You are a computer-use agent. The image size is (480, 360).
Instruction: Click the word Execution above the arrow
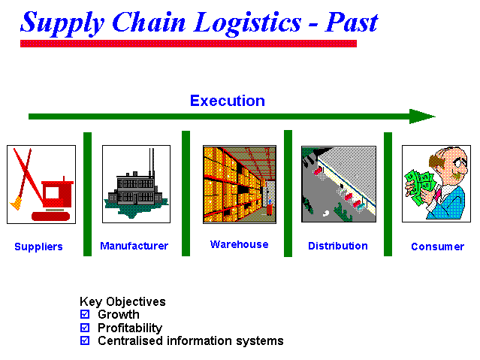tap(228, 101)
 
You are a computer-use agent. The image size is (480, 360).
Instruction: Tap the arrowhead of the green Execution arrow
tap(422, 116)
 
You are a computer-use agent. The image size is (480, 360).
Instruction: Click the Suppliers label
tap(38, 247)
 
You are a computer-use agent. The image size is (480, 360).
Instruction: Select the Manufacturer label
tap(134, 246)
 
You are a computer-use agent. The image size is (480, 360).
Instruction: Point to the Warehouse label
tap(239, 244)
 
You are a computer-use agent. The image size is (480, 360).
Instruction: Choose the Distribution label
tap(338, 246)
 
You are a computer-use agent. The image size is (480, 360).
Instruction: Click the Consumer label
tap(437, 247)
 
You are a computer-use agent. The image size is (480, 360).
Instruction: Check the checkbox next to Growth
tap(85, 314)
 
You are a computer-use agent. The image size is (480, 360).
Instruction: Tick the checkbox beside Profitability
tap(85, 328)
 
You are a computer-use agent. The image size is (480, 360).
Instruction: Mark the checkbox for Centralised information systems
tap(85, 340)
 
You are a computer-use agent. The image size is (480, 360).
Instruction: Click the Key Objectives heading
tap(122, 302)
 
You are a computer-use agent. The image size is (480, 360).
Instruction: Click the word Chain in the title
tap(149, 23)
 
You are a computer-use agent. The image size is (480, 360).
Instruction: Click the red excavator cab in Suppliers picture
tap(58, 194)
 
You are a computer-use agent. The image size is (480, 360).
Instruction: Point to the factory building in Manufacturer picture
tap(134, 190)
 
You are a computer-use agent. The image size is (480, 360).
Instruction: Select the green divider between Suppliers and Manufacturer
tap(88, 194)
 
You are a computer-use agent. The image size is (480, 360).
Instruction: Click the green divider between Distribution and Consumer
tap(388, 194)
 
